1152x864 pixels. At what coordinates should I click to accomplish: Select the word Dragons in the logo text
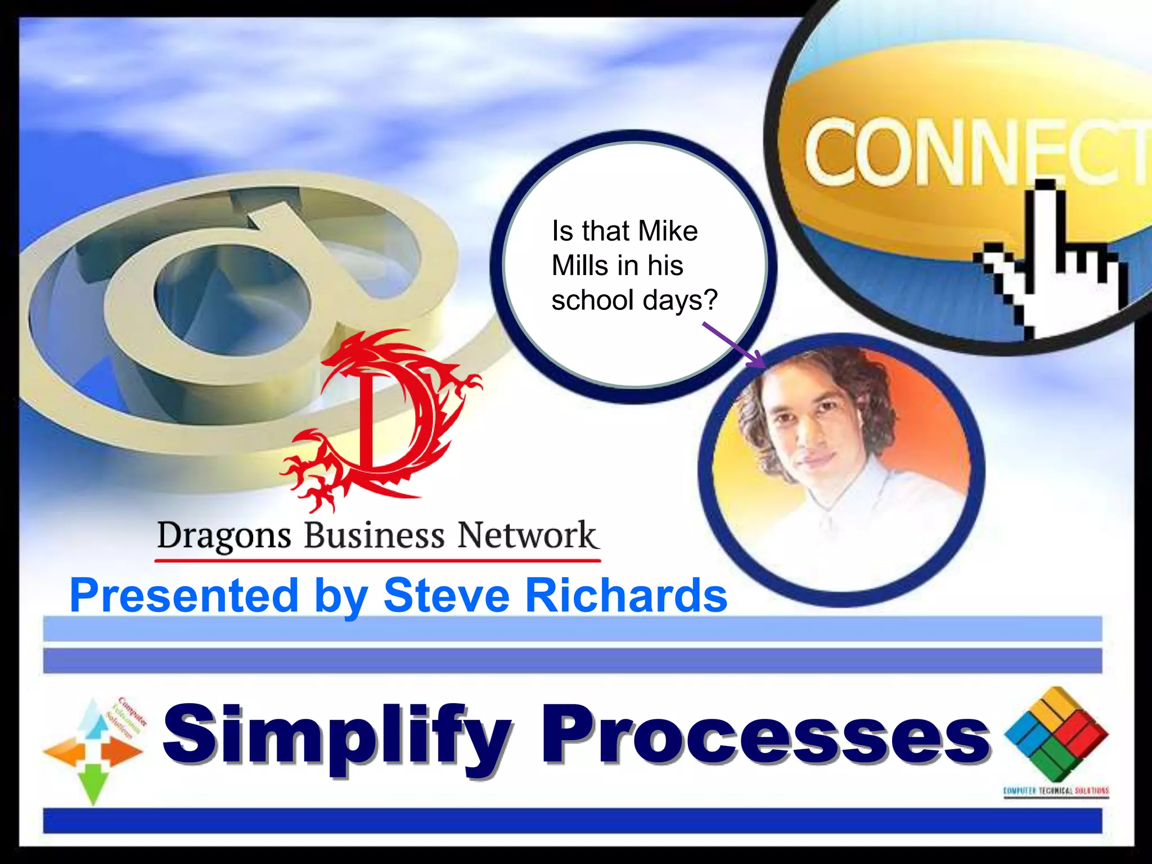224,535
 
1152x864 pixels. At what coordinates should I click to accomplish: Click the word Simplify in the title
337,736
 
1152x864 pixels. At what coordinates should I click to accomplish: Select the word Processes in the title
765,736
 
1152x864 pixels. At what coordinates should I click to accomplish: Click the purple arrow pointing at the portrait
734,345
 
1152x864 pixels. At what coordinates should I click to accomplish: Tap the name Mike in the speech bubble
668,231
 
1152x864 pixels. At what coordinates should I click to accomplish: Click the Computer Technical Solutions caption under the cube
1056,791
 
